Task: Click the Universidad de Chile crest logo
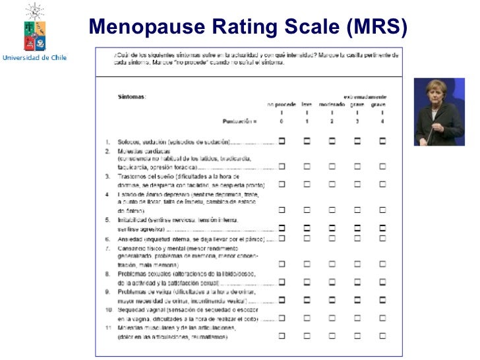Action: [34, 26]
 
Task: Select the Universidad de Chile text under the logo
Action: [35, 58]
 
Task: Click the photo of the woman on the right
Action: [438, 112]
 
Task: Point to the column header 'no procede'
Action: [282, 104]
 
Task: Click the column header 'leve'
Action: [307, 104]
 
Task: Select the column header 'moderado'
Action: [332, 104]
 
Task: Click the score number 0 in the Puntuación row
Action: [282, 122]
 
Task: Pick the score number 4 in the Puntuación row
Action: [382, 122]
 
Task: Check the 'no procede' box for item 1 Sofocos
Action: [282, 141]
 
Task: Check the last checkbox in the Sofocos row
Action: [382, 141]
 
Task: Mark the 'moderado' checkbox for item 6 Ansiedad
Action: [332, 239]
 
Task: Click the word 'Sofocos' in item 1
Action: [129, 142]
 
